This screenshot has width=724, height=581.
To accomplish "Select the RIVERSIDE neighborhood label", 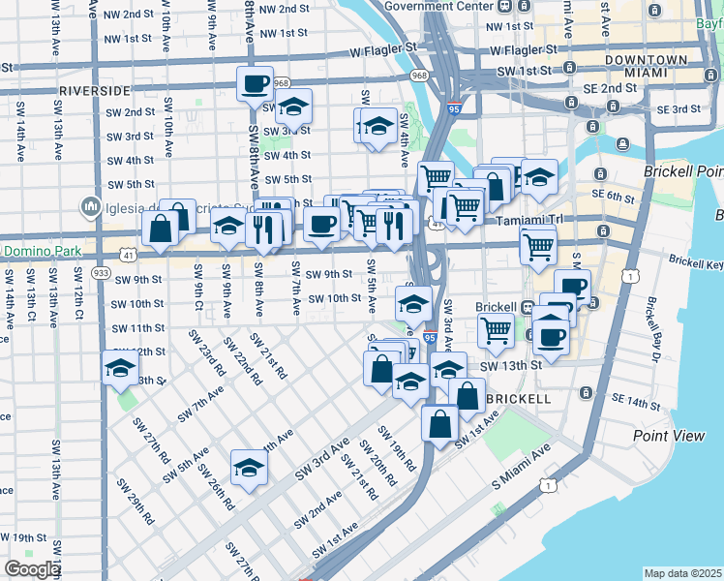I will click(x=94, y=90).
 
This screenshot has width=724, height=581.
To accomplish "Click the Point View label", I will click(x=669, y=436).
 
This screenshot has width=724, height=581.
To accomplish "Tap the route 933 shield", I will click(x=102, y=274).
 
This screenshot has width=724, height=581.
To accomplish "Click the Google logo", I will click(x=32, y=568).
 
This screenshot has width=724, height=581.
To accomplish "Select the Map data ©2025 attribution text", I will click(x=682, y=573).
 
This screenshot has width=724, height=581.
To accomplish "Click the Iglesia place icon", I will click(x=93, y=205).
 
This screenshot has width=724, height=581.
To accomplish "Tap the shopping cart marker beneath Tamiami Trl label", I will click(x=538, y=245).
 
